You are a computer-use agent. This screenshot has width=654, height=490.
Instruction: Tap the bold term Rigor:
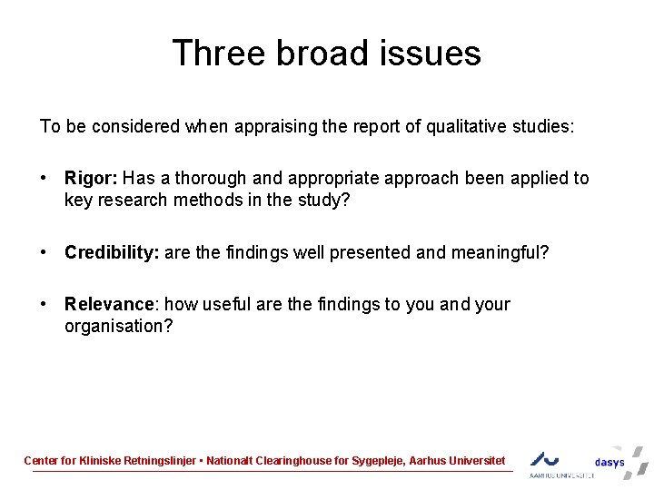coord(91,178)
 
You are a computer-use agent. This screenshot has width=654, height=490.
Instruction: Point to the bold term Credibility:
coord(112,252)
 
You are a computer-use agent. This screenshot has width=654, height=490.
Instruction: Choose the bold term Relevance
coord(108,304)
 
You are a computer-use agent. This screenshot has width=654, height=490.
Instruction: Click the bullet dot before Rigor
coord(44,179)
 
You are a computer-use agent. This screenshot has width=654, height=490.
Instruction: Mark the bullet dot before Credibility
coord(44,253)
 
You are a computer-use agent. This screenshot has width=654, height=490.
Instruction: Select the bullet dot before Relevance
coord(44,305)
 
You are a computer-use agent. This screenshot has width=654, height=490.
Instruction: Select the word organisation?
coord(118,326)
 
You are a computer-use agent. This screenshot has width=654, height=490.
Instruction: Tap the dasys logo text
coord(609,462)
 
